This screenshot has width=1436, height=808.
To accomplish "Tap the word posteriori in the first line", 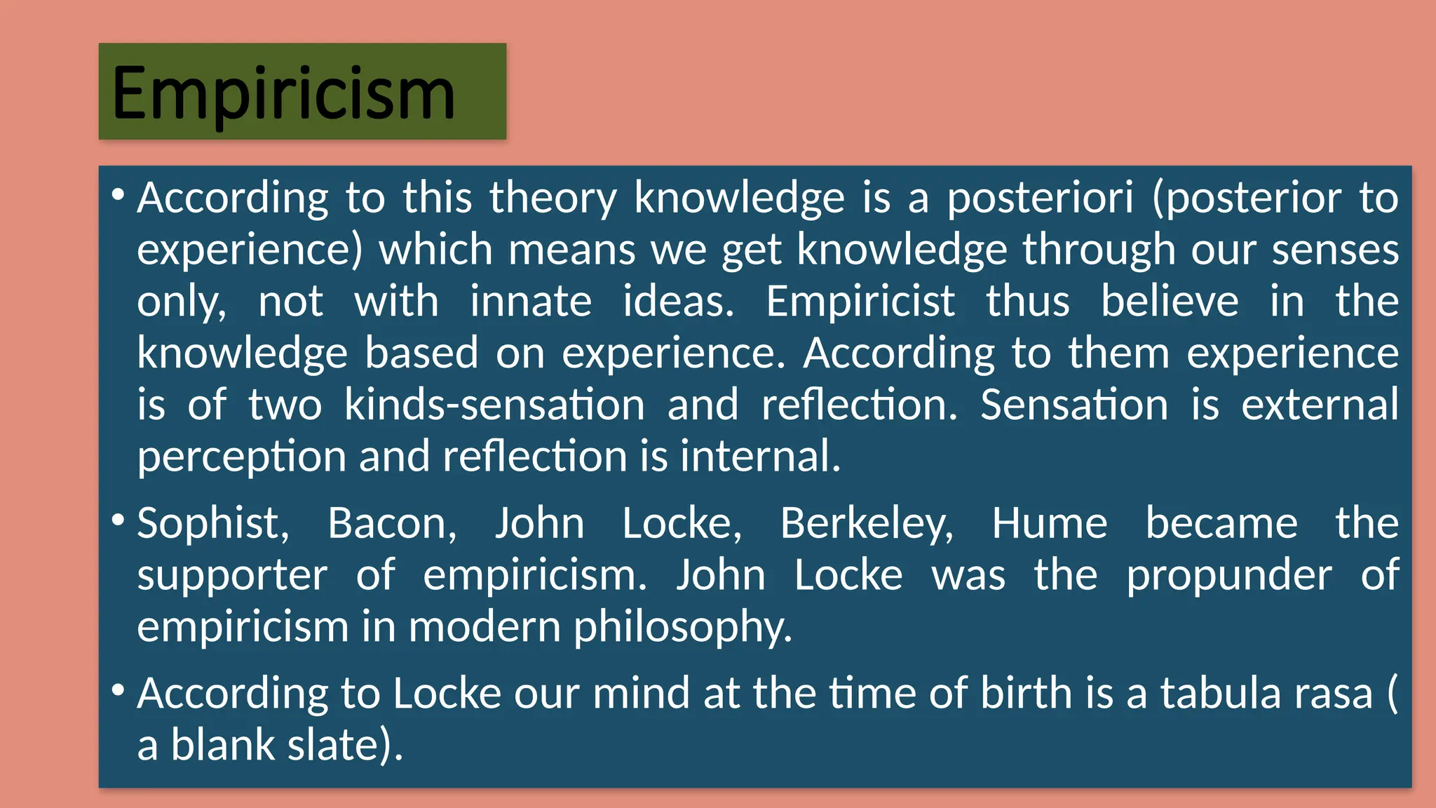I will pos(1040,198).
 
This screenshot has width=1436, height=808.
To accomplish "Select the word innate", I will pos(530,302).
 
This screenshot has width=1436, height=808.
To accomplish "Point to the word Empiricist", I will pos(860,302).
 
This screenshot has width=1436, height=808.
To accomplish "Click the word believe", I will pos(1169,302).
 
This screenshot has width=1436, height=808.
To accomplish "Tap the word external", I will pos(1320,405).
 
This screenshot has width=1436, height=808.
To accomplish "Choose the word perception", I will pos(241,458).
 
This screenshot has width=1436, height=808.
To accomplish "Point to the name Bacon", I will pos(392,524).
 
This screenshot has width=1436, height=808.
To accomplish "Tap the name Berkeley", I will pos(867,524).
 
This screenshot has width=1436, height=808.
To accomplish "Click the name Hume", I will pos(1049,524).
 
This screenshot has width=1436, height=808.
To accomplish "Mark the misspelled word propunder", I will pos(1228,577).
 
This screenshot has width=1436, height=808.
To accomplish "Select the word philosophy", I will pos(682,628).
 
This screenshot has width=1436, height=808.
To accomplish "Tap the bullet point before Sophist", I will pos(118,520).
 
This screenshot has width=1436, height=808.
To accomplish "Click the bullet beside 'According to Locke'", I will pos(118,690).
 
